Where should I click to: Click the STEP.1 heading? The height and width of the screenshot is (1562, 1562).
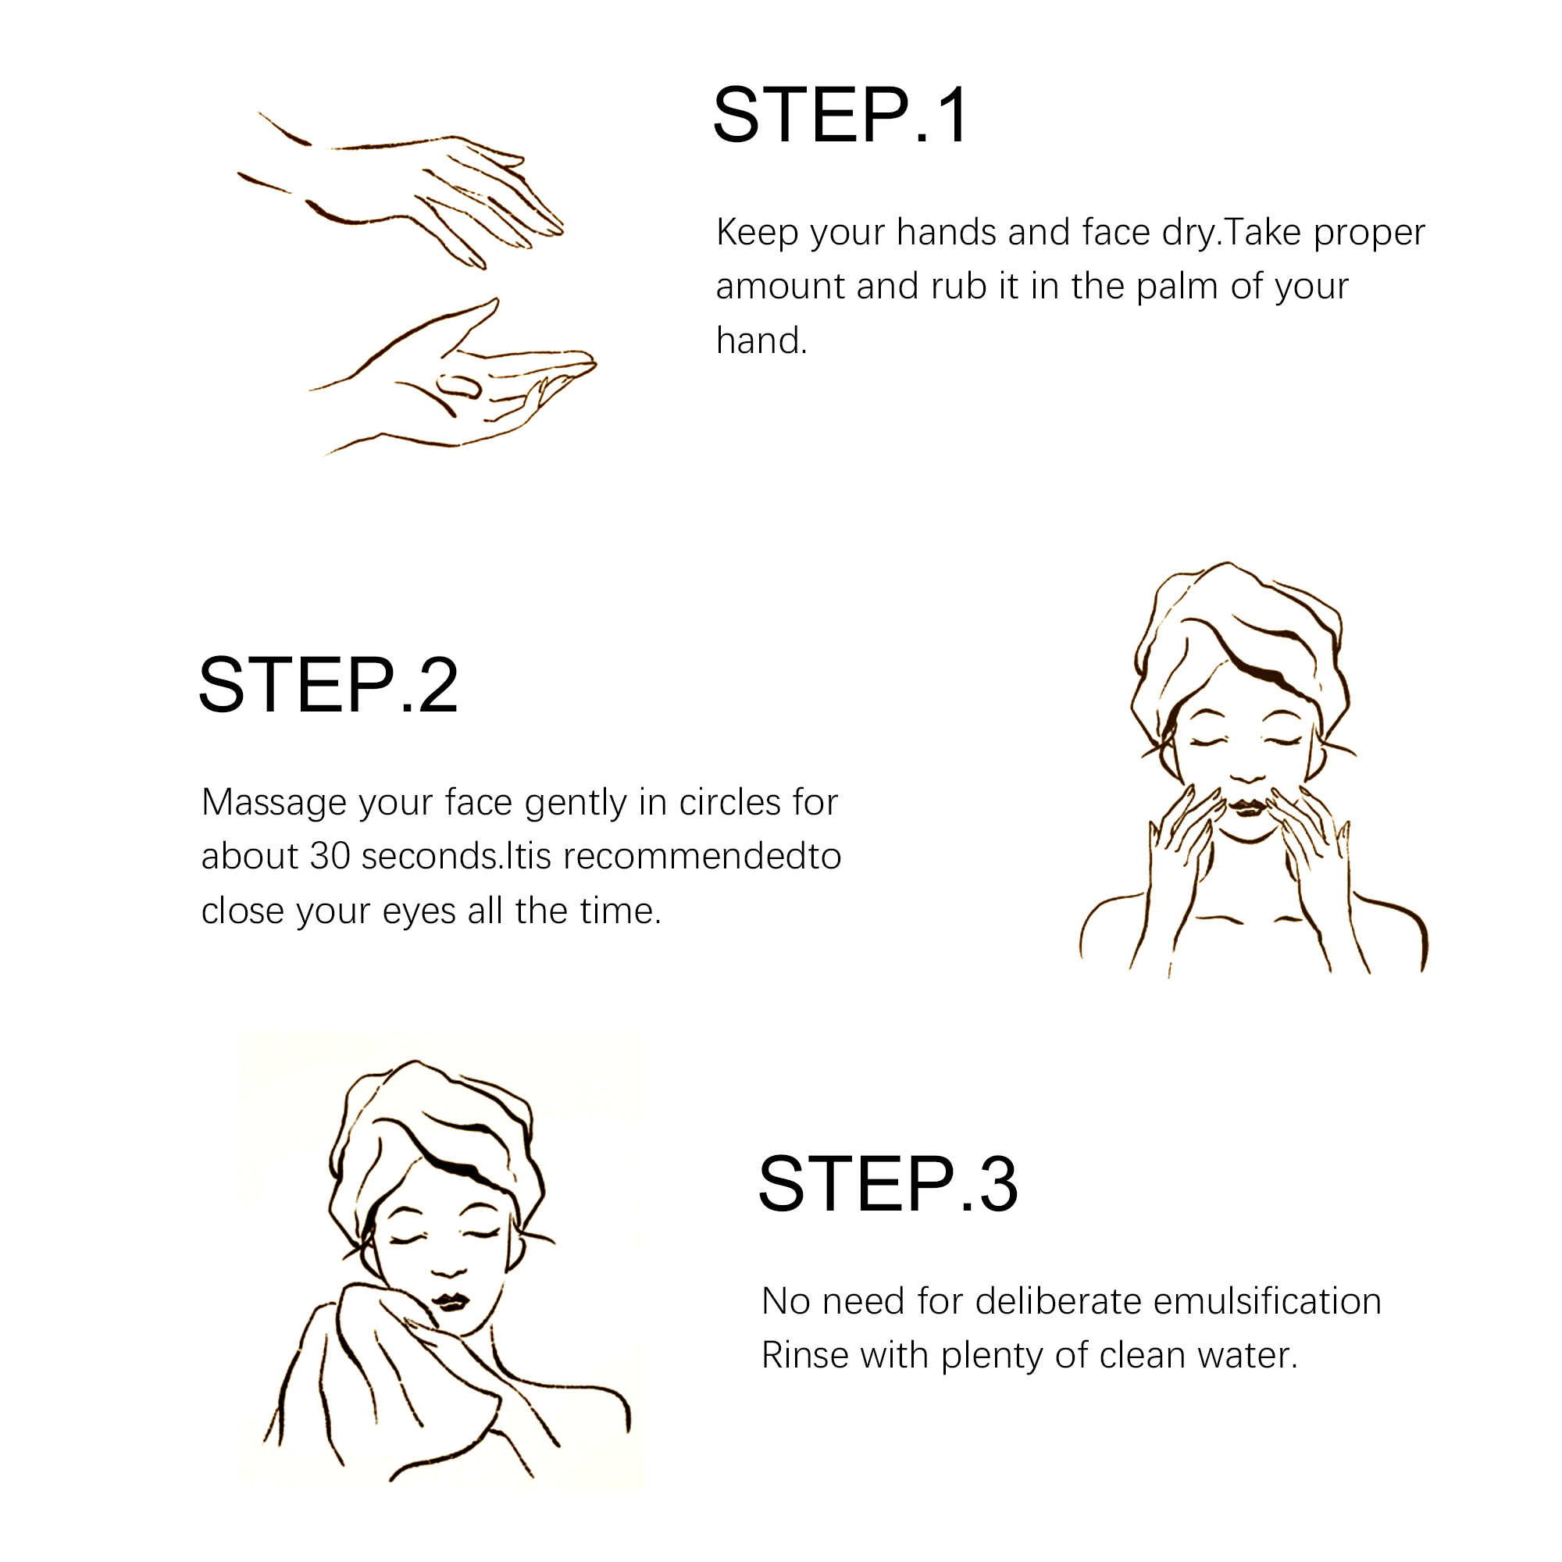(840, 115)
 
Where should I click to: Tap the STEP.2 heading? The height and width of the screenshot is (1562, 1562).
(328, 686)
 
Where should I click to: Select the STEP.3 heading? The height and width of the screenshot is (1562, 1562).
(888, 1185)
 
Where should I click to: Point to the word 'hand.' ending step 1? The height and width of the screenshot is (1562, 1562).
(761, 341)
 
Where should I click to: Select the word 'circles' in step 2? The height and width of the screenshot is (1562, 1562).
(730, 803)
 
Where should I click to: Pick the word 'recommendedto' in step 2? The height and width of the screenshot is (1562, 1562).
(702, 856)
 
